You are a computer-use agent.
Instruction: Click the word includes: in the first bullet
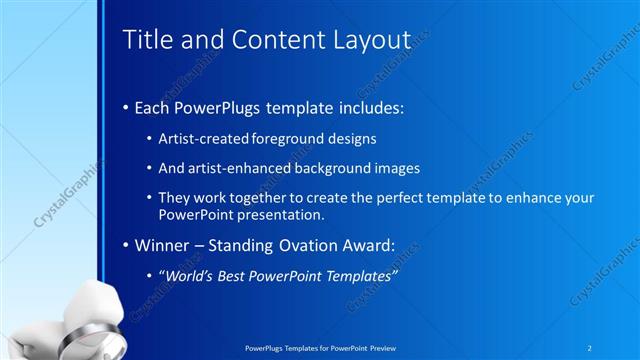click(x=369, y=107)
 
